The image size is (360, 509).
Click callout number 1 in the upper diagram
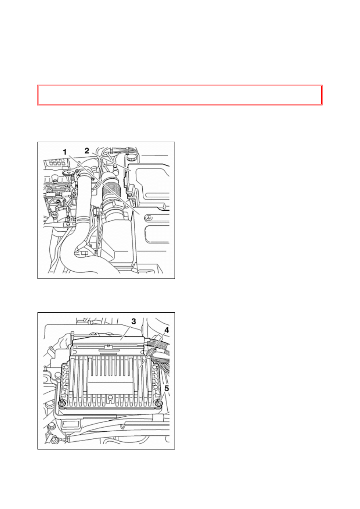coord(65,152)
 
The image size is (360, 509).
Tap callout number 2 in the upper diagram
coord(87,151)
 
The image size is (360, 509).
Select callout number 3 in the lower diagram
coord(133,321)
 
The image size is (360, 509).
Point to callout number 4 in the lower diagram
coord(166,330)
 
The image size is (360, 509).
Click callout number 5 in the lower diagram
coord(166,389)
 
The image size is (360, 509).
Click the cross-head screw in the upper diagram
coord(149,218)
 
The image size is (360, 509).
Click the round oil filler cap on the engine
coord(68,173)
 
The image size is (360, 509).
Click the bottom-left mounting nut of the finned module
coord(62,403)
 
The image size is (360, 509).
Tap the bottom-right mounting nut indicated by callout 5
coord(159,403)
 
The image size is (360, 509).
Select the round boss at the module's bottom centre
coord(110,398)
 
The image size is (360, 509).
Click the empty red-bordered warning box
coord(180,95)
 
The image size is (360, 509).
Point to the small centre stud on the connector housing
coord(108,346)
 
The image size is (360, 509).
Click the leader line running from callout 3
coord(125,332)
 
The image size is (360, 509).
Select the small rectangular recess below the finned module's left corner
coord(71,423)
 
